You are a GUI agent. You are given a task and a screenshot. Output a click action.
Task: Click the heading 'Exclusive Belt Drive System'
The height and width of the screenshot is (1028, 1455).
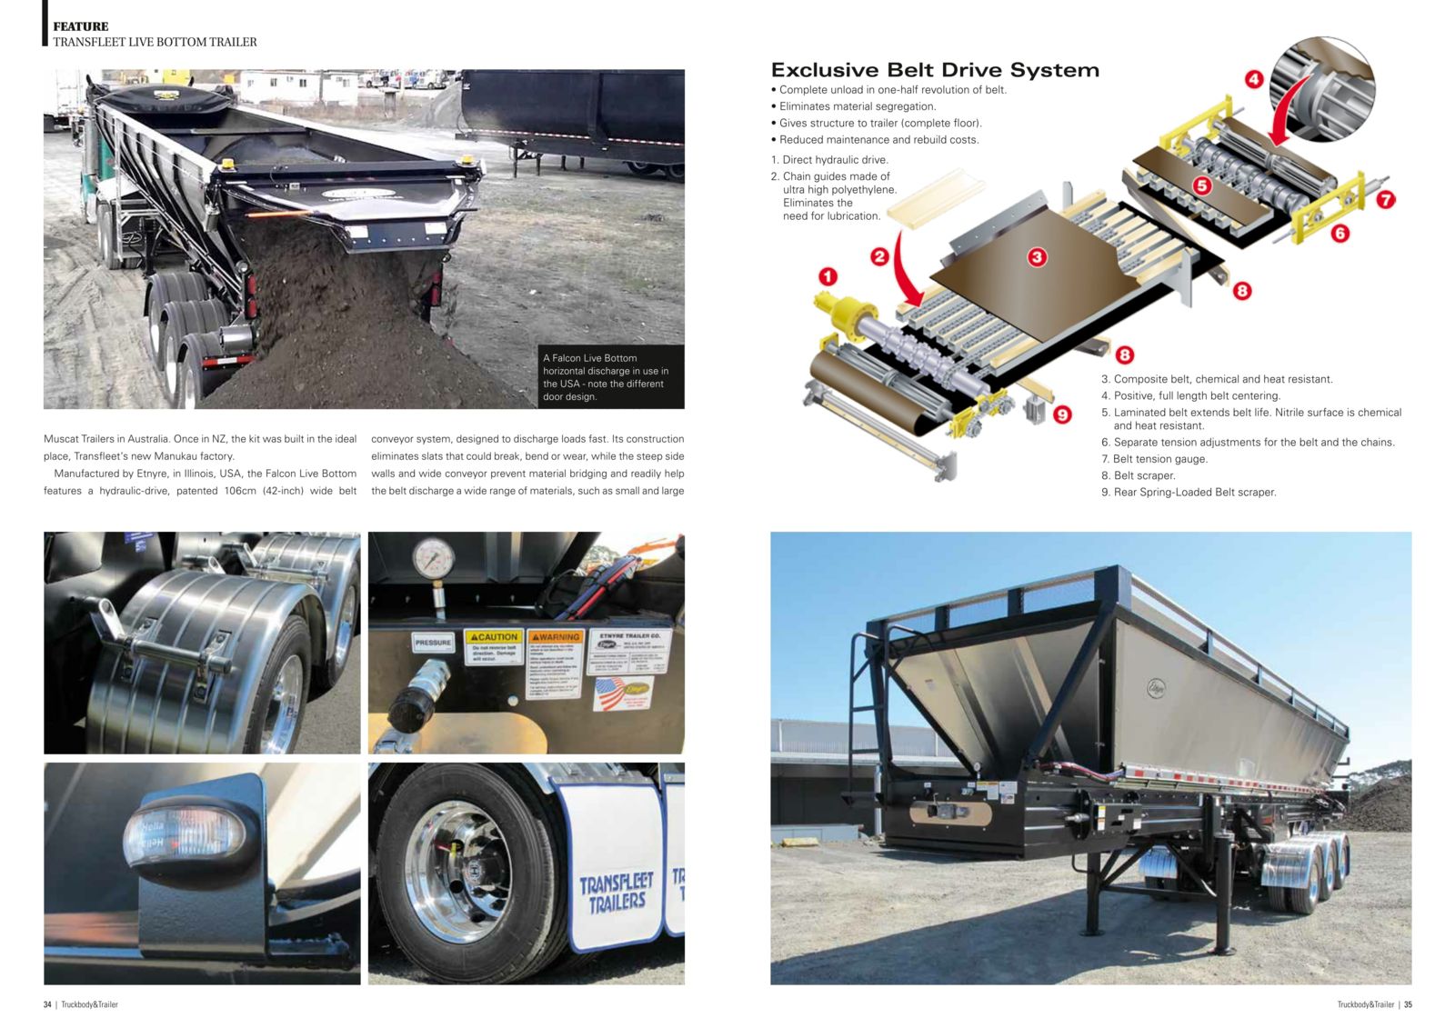[935, 70]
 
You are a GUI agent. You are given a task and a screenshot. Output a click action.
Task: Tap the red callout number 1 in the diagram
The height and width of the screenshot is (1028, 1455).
[828, 276]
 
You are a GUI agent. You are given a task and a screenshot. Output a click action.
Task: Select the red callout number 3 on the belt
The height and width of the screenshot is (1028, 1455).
[1037, 257]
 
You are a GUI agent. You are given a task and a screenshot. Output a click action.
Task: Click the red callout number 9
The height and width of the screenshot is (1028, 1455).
[1062, 414]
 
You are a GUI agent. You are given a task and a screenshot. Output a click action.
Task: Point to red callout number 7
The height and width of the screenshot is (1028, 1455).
[1385, 200]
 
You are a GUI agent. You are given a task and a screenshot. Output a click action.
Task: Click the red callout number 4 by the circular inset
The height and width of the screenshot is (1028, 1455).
[1254, 79]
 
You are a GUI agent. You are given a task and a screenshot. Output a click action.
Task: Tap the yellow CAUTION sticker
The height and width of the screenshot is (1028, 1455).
[494, 646]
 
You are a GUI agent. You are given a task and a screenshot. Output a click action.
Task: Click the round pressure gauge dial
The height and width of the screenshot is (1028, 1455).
[433, 558]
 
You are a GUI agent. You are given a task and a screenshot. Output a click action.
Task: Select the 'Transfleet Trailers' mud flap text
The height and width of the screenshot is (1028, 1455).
[616, 893]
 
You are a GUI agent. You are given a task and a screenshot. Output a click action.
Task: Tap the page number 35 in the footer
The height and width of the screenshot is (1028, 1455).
[1408, 1004]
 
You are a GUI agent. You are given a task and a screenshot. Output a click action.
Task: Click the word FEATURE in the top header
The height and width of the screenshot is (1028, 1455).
[80, 26]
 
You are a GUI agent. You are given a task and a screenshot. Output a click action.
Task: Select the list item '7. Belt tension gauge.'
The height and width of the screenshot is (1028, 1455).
[1154, 459]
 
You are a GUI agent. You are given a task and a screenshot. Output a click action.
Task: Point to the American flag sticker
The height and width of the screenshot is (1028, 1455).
[622, 694]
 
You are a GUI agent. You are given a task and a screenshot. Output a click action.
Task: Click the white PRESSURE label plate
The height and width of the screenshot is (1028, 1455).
[433, 642]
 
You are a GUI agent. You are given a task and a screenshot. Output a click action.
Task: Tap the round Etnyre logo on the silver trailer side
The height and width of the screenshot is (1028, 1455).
[1156, 688]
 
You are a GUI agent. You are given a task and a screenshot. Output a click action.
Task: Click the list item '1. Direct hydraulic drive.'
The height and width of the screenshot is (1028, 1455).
[829, 160]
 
